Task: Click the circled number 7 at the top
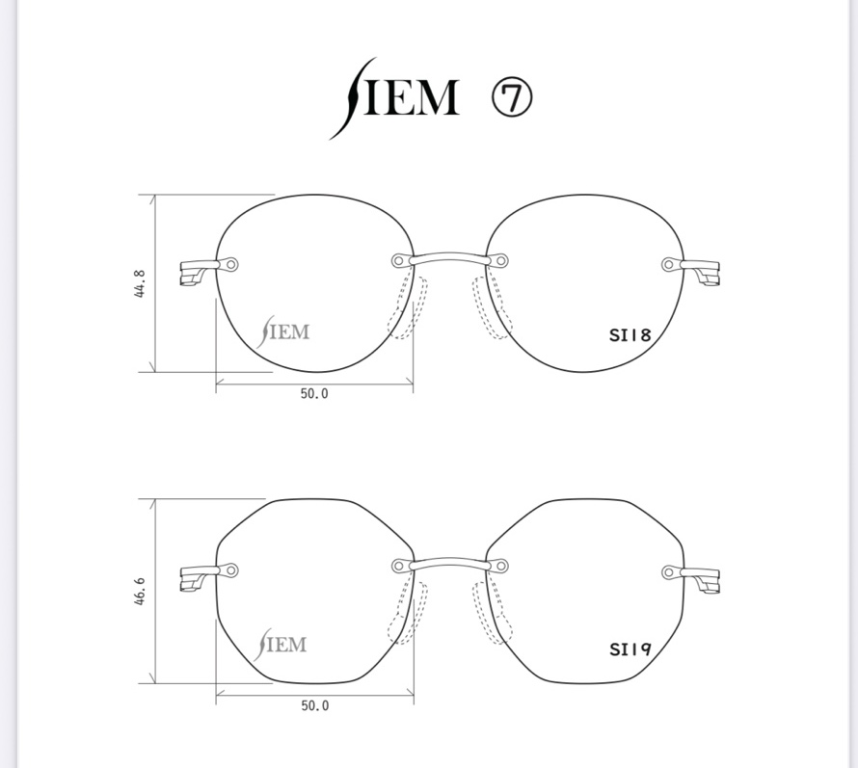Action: point(512,98)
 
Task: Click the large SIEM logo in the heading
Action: point(394,98)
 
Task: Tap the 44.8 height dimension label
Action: point(140,283)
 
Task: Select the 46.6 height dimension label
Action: point(140,591)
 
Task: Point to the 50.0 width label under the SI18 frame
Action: point(314,394)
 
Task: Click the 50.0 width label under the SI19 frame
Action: point(315,706)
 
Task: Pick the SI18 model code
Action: point(630,334)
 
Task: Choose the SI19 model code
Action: point(630,649)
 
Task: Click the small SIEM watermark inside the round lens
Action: point(282,331)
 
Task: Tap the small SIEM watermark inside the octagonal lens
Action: point(281,645)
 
